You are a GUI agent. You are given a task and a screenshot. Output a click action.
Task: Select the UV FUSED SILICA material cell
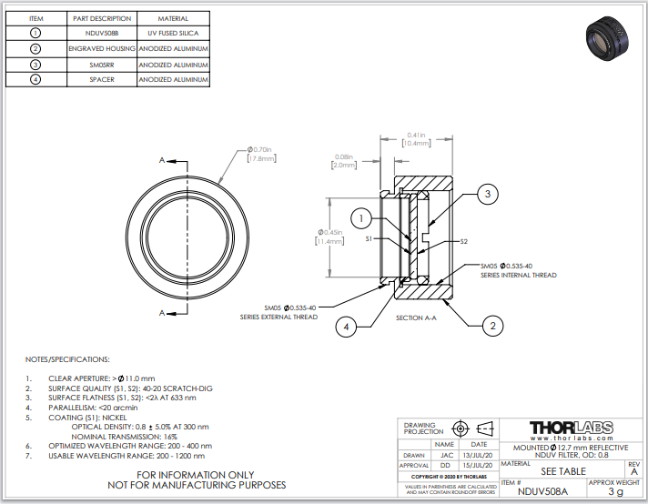[173, 33]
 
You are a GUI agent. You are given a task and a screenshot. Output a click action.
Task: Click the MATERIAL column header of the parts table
[173, 17]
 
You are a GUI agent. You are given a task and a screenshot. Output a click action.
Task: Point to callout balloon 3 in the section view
[488, 193]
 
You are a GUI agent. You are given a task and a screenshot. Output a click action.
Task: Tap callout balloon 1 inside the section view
[362, 218]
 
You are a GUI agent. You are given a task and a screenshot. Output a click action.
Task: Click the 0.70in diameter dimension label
[261, 149]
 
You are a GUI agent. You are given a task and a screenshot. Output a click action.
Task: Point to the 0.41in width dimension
[418, 135]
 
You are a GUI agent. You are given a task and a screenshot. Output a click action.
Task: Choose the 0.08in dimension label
[344, 156]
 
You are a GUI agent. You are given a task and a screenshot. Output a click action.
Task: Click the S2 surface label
[463, 241]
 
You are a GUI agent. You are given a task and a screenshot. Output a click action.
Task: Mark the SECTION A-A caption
[416, 318]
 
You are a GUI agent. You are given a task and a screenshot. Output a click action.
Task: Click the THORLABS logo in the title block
[570, 428]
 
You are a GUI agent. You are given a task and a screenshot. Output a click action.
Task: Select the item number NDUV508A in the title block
[542, 492]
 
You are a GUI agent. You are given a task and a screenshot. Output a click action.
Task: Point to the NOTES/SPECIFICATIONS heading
[67, 360]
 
